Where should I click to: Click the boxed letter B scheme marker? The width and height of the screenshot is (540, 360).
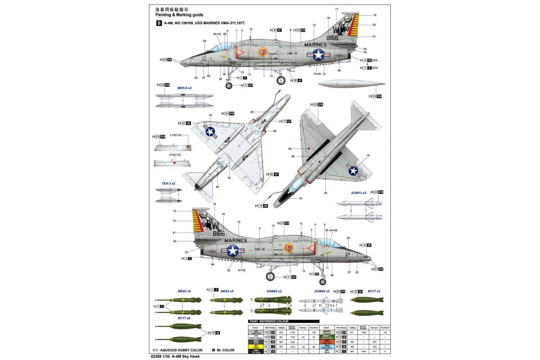click(x=157, y=23)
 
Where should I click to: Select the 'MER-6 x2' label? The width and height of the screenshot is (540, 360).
click(x=184, y=88)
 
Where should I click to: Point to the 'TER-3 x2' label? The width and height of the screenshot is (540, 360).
click(x=169, y=184)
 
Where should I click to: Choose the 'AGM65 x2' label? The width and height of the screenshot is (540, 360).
click(x=274, y=291)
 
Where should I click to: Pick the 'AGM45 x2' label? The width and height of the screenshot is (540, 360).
click(x=322, y=291)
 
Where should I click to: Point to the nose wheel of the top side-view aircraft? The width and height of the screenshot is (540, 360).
click(x=229, y=85)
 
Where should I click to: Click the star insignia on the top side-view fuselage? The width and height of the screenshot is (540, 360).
click(x=319, y=55)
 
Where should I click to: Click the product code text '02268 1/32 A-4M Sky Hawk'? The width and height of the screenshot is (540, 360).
click(x=180, y=356)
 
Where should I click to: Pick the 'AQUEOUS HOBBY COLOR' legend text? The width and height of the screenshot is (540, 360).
click(x=180, y=350)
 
